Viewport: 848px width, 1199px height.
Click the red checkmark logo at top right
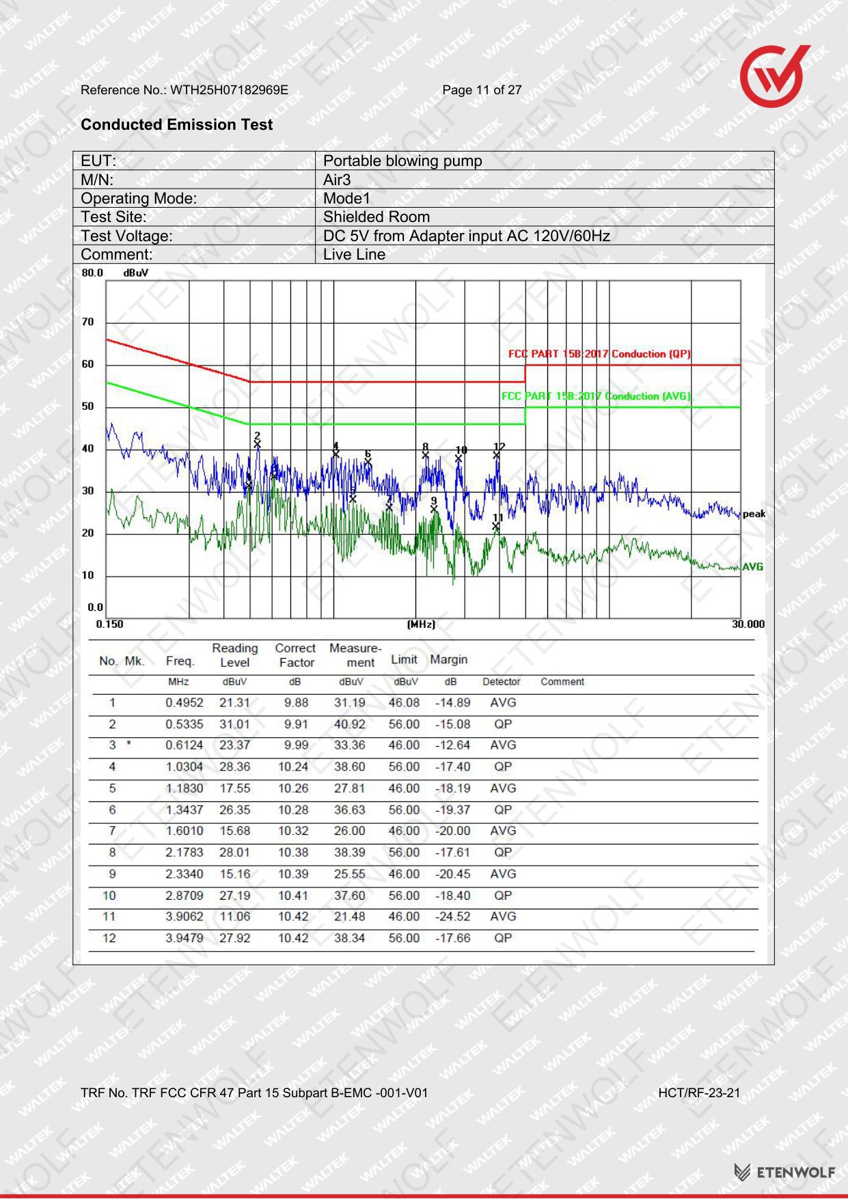774,76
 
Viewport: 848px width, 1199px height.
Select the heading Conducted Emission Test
176,124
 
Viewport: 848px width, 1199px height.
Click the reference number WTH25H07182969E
229,90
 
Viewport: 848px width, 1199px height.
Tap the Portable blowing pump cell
402,161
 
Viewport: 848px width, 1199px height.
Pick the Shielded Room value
377,217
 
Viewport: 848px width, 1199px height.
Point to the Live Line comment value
354,254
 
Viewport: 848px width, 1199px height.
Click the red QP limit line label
599,354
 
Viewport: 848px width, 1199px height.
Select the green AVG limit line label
596,396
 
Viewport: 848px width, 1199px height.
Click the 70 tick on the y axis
88,322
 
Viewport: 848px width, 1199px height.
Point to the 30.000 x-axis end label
748,624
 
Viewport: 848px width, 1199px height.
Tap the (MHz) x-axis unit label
421,624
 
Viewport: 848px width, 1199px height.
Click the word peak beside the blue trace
754,514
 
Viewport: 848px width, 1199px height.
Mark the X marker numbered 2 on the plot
258,445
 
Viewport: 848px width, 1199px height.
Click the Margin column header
449,659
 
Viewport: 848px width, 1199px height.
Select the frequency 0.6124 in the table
184,745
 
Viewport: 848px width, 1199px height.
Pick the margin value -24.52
453,917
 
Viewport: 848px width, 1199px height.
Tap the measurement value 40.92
350,724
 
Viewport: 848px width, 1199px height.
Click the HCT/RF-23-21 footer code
699,1093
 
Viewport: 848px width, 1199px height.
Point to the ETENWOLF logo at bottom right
784,1172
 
